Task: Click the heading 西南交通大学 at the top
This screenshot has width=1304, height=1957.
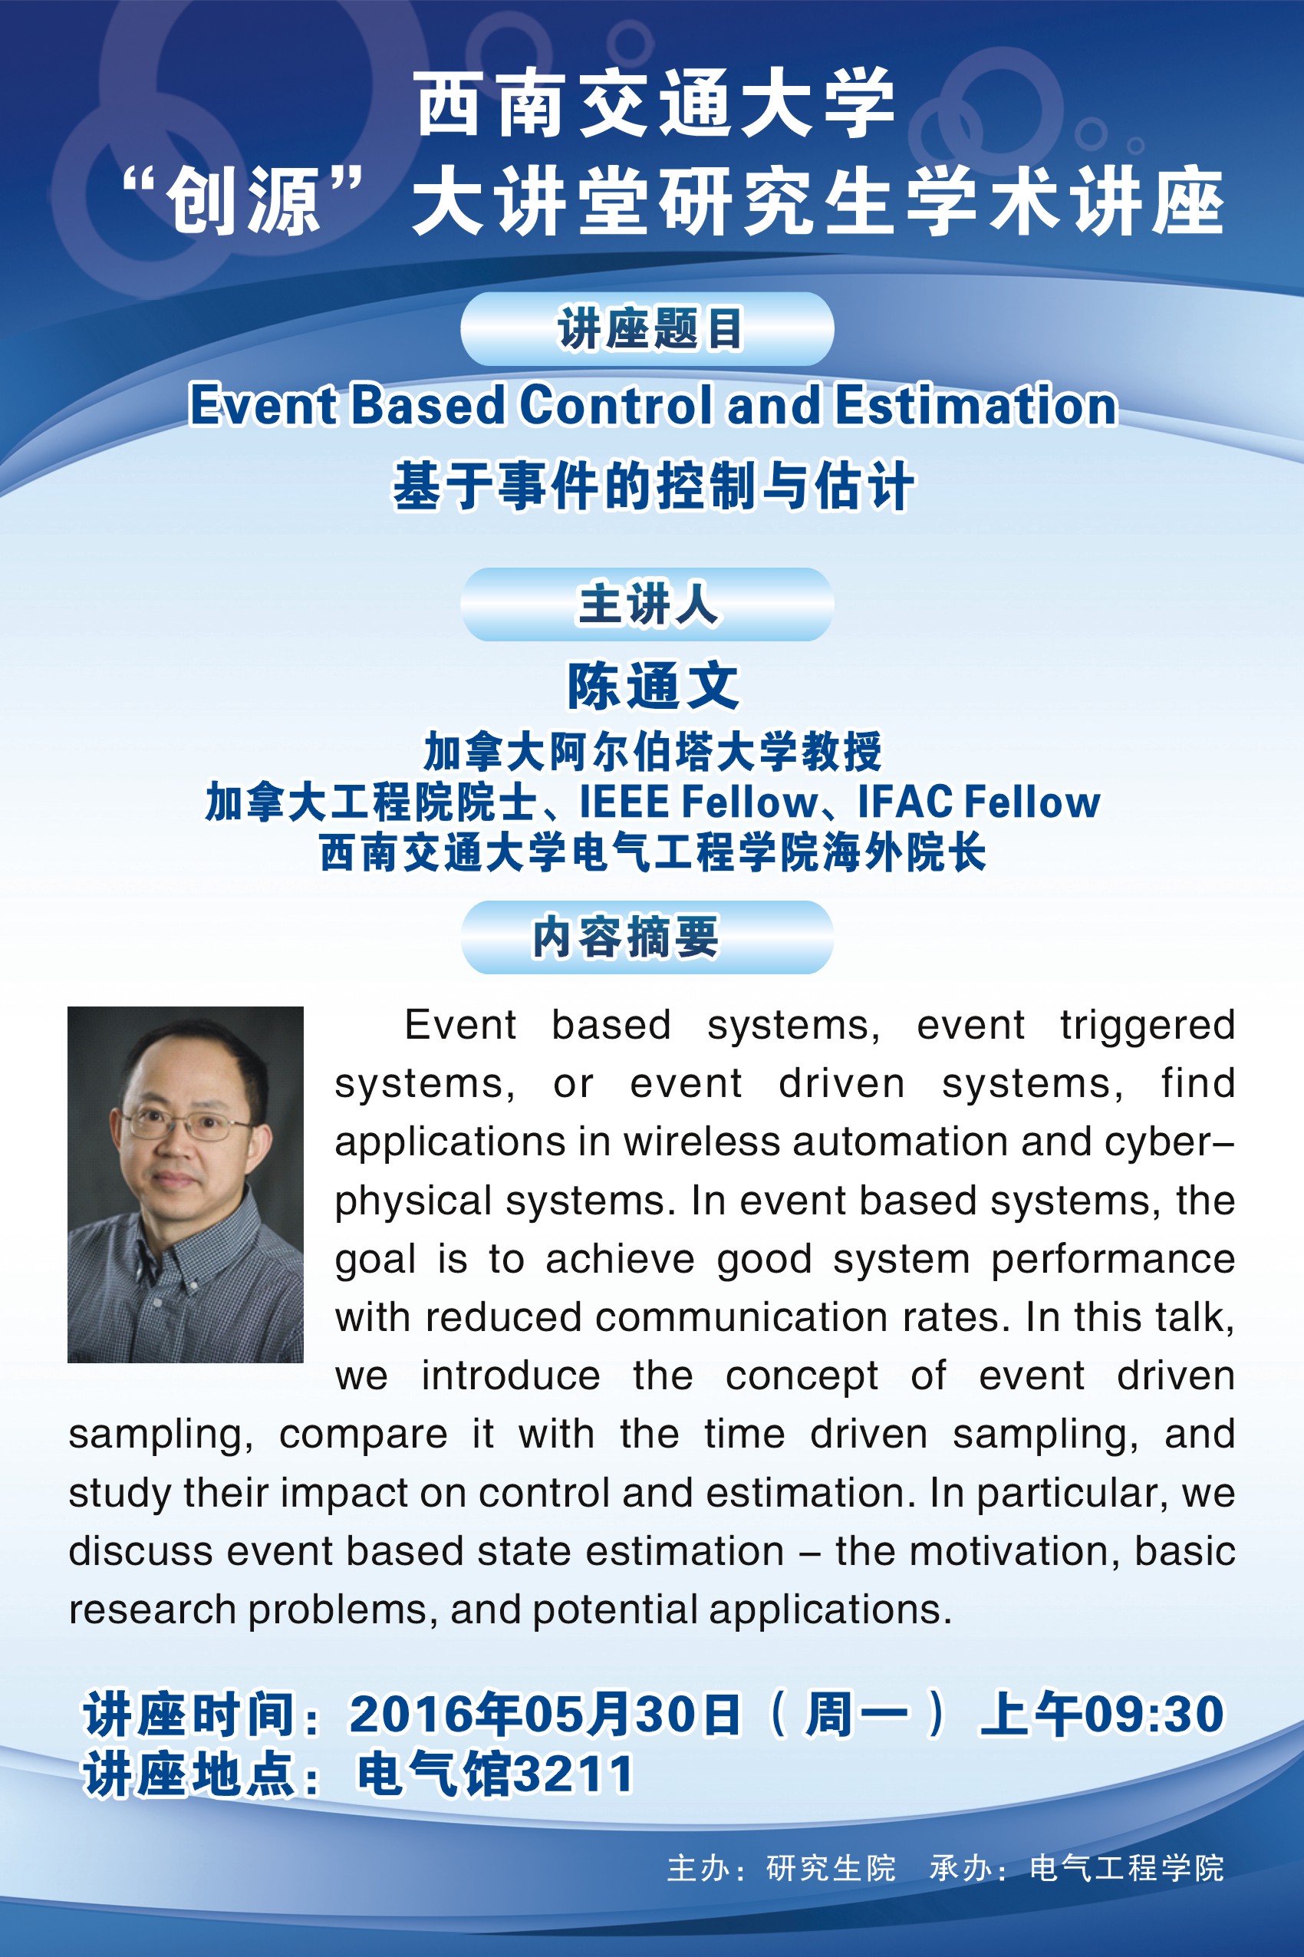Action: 655,105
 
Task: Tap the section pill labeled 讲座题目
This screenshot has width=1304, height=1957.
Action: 647,328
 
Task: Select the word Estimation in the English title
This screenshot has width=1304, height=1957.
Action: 976,405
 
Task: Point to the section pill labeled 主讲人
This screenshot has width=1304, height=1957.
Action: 647,604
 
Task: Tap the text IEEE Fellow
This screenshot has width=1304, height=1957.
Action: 699,802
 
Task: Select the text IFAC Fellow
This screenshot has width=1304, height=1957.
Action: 979,802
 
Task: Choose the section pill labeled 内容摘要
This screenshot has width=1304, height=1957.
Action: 647,937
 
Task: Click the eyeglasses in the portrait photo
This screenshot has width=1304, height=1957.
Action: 187,1126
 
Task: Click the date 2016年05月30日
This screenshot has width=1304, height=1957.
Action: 545,1715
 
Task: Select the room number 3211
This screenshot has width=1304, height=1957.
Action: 574,1774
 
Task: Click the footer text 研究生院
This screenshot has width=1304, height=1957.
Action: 831,1868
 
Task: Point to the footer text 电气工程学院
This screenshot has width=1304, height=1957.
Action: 1127,1868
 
